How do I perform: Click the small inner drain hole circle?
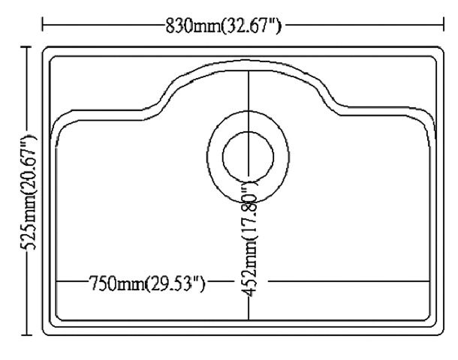(x=249, y=157)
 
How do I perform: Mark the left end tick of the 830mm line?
(x=43, y=28)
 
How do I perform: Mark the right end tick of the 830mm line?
(x=443, y=28)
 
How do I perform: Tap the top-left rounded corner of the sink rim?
(x=49, y=52)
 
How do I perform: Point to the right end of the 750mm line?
(x=429, y=283)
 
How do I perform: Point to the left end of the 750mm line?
(x=57, y=283)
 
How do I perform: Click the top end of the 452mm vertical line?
(x=249, y=71)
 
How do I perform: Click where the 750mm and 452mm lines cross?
(x=249, y=283)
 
